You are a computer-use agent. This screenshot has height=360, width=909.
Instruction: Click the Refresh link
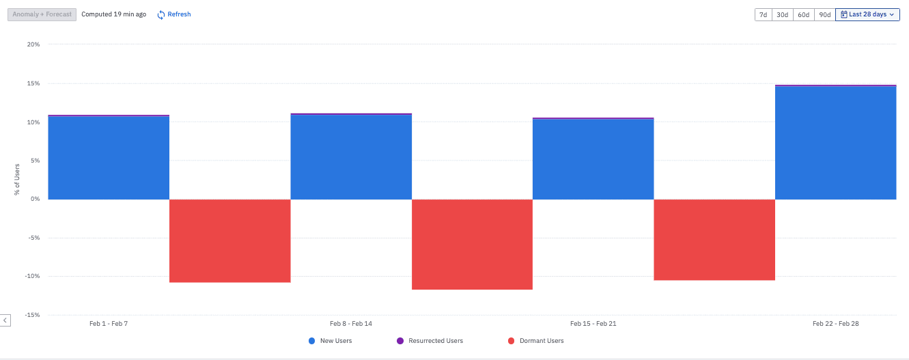point(174,14)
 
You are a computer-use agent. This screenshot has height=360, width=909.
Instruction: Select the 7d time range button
point(764,14)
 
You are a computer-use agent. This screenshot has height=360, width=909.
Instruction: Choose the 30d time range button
point(783,14)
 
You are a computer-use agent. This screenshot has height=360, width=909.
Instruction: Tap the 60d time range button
point(803,14)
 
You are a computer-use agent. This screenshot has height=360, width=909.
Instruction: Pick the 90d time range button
point(824,14)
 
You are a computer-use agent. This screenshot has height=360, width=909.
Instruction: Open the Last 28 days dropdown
point(867,14)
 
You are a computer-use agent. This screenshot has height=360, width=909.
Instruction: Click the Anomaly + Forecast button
point(42,14)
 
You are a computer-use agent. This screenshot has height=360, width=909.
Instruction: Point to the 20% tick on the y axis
point(33,45)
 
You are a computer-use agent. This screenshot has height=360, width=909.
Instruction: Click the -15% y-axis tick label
point(32,316)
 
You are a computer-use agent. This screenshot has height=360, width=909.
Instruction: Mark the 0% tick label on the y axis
point(35,199)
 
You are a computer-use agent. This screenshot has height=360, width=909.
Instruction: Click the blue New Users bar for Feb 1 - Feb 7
point(109,158)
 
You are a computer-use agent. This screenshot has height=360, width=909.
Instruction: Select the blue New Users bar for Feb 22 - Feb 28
point(835,143)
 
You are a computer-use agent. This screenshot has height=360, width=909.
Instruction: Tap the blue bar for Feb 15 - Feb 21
point(593,159)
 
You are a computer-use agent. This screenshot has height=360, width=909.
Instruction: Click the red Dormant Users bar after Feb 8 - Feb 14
point(472,244)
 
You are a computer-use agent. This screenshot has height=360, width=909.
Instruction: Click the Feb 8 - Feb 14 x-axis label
point(351,324)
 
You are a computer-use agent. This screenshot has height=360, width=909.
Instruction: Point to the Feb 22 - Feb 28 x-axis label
point(835,324)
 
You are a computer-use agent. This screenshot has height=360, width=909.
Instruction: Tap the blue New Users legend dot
point(312,341)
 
